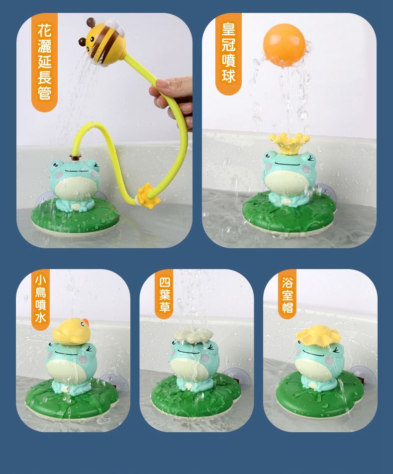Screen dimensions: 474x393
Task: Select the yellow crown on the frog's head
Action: (289, 142)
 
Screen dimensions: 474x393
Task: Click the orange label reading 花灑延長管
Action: (44, 63)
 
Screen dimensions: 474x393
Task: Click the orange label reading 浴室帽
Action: (287, 294)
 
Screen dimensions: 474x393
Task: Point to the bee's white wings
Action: (110, 23)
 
